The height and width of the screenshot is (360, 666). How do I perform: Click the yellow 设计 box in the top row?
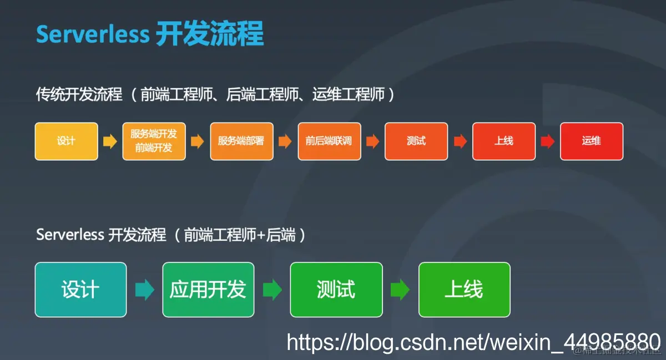coord(66,141)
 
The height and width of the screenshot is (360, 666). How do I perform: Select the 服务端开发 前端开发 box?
coord(154,141)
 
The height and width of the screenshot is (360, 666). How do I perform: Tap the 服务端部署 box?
coord(241,141)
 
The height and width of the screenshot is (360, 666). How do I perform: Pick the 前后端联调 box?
coord(329,141)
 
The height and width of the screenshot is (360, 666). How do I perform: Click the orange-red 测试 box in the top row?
coord(416,141)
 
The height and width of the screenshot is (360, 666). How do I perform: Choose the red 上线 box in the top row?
coord(504,141)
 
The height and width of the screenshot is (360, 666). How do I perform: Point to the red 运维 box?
coord(592,141)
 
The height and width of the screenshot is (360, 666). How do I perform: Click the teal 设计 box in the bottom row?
coord(80,290)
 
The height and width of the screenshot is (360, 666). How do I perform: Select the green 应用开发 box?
coord(208,290)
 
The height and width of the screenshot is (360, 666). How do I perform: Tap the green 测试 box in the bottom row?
coord(336,290)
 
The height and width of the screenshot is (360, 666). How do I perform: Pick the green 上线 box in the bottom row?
coord(464,290)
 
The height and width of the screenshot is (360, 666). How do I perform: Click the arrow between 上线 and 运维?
coord(548,141)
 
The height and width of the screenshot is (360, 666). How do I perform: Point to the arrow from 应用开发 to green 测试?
coord(272,290)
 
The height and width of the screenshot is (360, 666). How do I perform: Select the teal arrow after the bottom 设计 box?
coord(144,290)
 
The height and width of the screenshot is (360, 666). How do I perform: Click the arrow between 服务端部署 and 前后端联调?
coord(285,141)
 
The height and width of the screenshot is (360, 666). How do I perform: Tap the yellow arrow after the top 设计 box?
coord(110,141)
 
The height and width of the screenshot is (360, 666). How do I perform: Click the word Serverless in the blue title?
coord(93,34)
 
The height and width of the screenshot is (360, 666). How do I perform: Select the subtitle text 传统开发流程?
coord(79,94)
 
